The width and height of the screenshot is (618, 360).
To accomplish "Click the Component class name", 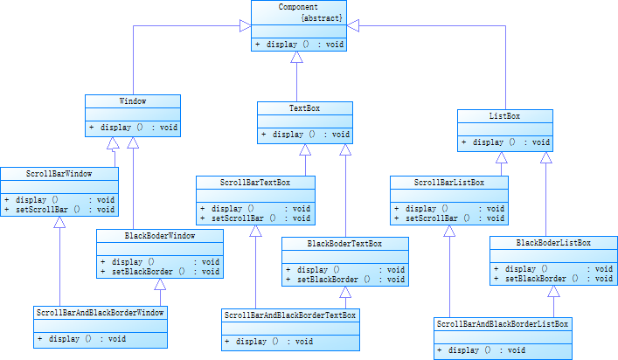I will point(298,7).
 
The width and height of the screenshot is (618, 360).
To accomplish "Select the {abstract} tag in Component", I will point(322,17).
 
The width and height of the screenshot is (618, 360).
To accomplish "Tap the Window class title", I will point(133,101).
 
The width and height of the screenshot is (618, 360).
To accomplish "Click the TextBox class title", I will point(304,108).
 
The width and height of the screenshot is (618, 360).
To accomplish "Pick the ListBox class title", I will point(504,115).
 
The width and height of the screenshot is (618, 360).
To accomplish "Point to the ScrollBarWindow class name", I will point(59,173).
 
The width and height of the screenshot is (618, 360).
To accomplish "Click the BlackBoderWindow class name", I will point(159,235).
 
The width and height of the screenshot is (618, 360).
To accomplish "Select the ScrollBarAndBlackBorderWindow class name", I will point(101,312).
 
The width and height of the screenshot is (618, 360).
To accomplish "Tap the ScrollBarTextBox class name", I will point(254,183).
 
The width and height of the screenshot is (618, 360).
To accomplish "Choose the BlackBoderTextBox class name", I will point(344,244).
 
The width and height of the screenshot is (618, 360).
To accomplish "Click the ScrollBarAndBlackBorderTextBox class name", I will point(290,315).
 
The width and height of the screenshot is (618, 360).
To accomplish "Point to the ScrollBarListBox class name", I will point(449,183).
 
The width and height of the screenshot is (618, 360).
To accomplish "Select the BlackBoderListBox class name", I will point(553,242).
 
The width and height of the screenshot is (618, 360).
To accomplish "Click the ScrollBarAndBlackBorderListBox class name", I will point(502,323).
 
